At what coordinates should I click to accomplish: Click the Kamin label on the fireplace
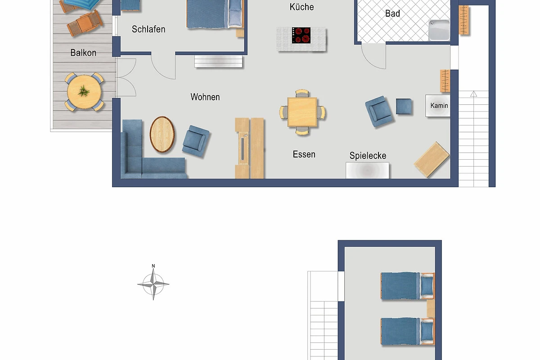click(x=439, y=106)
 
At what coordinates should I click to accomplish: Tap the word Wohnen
click(x=205, y=97)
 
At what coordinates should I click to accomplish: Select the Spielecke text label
click(x=368, y=156)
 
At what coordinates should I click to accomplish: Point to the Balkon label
click(x=83, y=53)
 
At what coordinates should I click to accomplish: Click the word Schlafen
click(x=148, y=29)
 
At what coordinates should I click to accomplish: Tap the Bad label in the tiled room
click(x=392, y=13)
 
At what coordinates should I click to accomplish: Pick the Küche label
click(x=302, y=7)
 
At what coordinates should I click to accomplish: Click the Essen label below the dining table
click(x=304, y=154)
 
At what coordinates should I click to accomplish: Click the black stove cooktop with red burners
click(x=301, y=36)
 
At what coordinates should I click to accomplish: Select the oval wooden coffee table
click(x=162, y=135)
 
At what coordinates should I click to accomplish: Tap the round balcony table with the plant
click(x=84, y=92)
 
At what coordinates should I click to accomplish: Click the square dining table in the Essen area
click(x=302, y=112)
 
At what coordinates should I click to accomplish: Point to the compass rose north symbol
click(x=153, y=284)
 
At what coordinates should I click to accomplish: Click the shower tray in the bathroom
click(x=439, y=30)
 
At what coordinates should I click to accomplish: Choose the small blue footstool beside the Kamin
click(x=404, y=106)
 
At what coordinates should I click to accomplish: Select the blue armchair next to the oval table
click(x=196, y=141)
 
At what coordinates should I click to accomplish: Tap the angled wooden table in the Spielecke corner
click(x=432, y=159)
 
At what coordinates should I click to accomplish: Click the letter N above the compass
click(x=153, y=266)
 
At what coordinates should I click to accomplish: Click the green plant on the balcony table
click(x=84, y=91)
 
